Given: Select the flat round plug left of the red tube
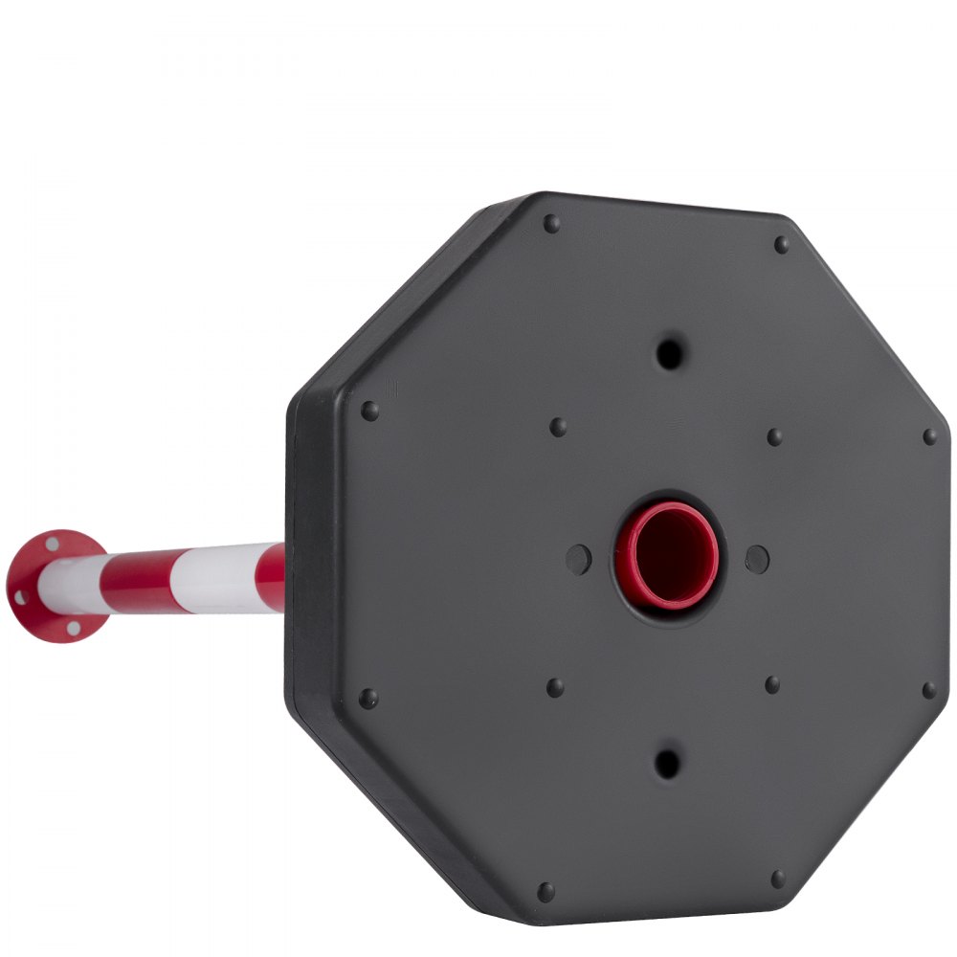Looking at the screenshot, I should click(579, 557).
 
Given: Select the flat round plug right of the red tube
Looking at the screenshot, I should click(757, 559).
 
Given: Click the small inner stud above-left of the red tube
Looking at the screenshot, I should click(558, 427).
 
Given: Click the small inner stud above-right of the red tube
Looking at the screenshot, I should click(775, 437).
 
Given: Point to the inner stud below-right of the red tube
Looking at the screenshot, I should click(772, 685).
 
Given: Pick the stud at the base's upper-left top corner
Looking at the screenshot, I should click(551, 224).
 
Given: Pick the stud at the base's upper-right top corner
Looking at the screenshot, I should click(783, 244).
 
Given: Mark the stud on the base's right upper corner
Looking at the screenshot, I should click(930, 436).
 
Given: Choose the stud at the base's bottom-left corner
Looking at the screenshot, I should click(546, 892).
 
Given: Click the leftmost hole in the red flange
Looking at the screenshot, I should click(20, 597).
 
